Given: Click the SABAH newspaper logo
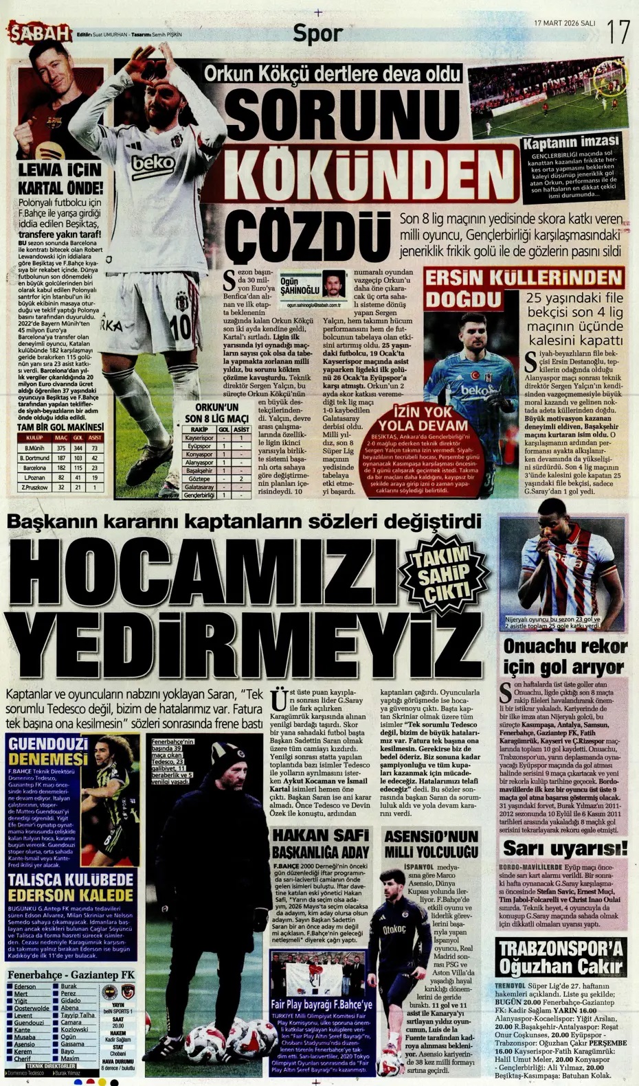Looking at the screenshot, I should coord(40,33).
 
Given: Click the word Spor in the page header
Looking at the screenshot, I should coord(317,34).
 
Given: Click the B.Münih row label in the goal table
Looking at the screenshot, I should coord(34,448).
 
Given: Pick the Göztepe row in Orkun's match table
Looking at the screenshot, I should coord(199,478).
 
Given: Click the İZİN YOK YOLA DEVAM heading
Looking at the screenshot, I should coord(432,418).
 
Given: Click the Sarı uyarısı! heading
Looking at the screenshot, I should coord(565,848).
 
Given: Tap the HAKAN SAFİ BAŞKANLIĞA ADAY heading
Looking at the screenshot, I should coord(320,844).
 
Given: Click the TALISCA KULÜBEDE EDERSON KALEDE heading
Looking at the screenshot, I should coord(71,888).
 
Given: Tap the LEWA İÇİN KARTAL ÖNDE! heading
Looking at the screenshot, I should coord(60,178).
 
